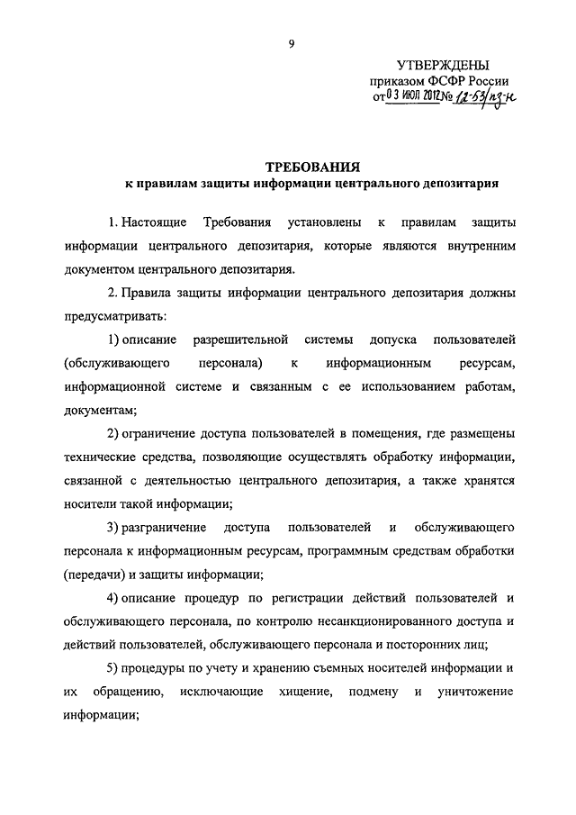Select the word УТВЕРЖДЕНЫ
(444, 66)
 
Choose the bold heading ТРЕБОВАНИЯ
(311, 167)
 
